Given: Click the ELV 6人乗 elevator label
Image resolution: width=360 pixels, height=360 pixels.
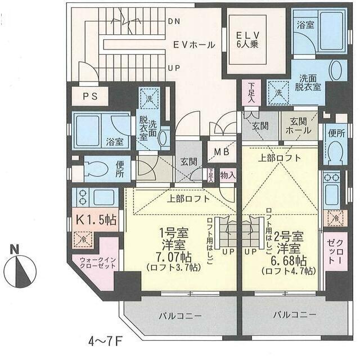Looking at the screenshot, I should (247, 40).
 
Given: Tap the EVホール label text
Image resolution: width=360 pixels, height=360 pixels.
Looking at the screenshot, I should (193, 45).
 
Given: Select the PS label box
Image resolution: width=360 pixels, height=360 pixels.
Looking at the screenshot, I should (91, 96).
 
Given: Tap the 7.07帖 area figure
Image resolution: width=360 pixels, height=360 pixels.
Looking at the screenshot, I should (175, 257).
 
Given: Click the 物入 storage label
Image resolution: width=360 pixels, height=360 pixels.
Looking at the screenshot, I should (227, 174).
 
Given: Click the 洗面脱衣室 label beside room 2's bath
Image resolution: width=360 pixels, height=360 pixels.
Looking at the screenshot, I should (310, 83).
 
